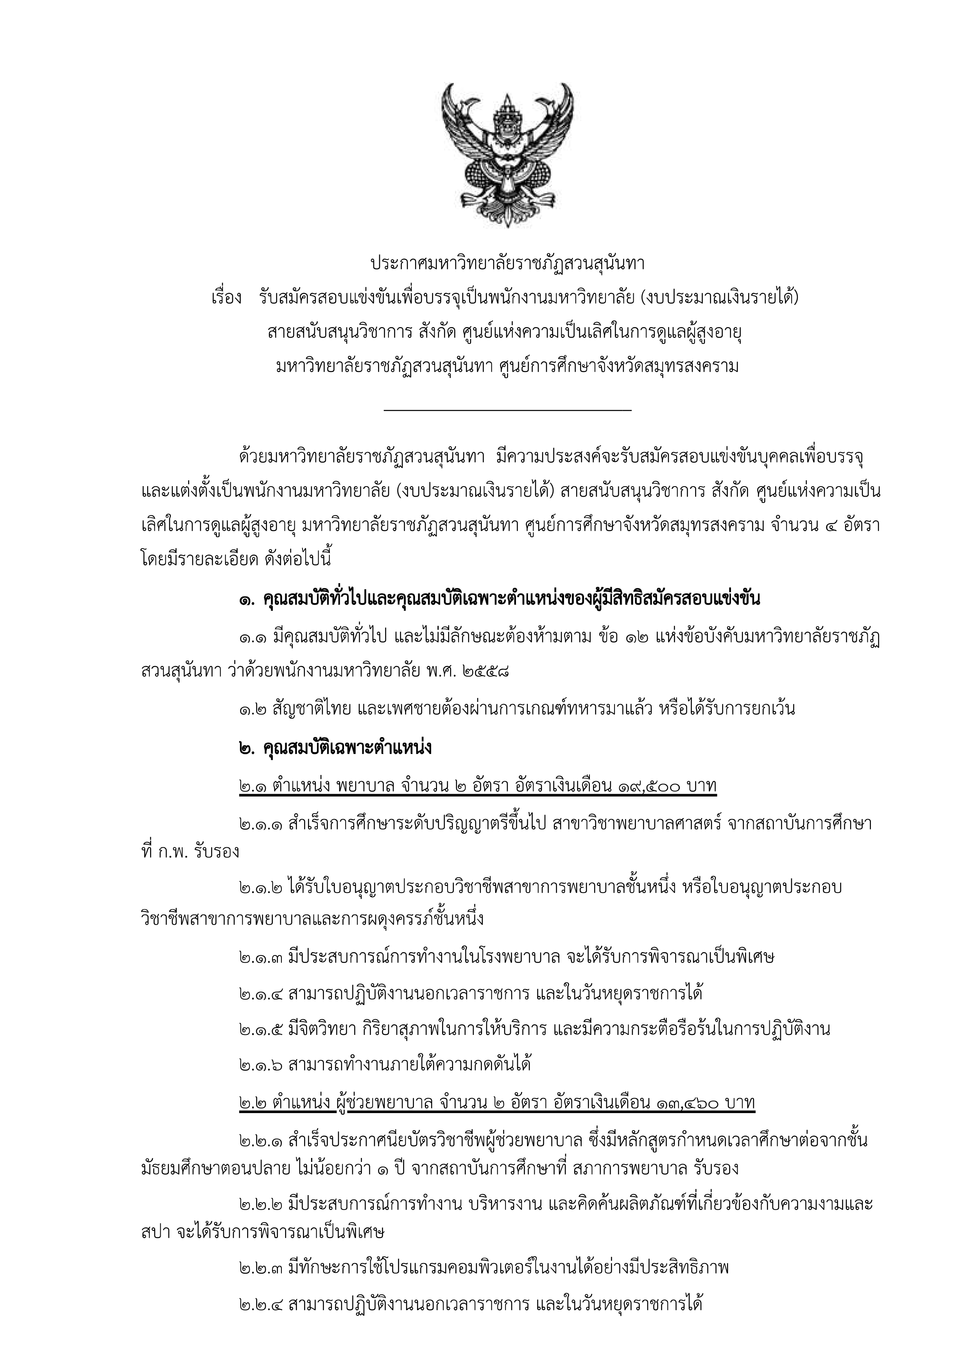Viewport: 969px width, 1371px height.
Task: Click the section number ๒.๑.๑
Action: [260, 825]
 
